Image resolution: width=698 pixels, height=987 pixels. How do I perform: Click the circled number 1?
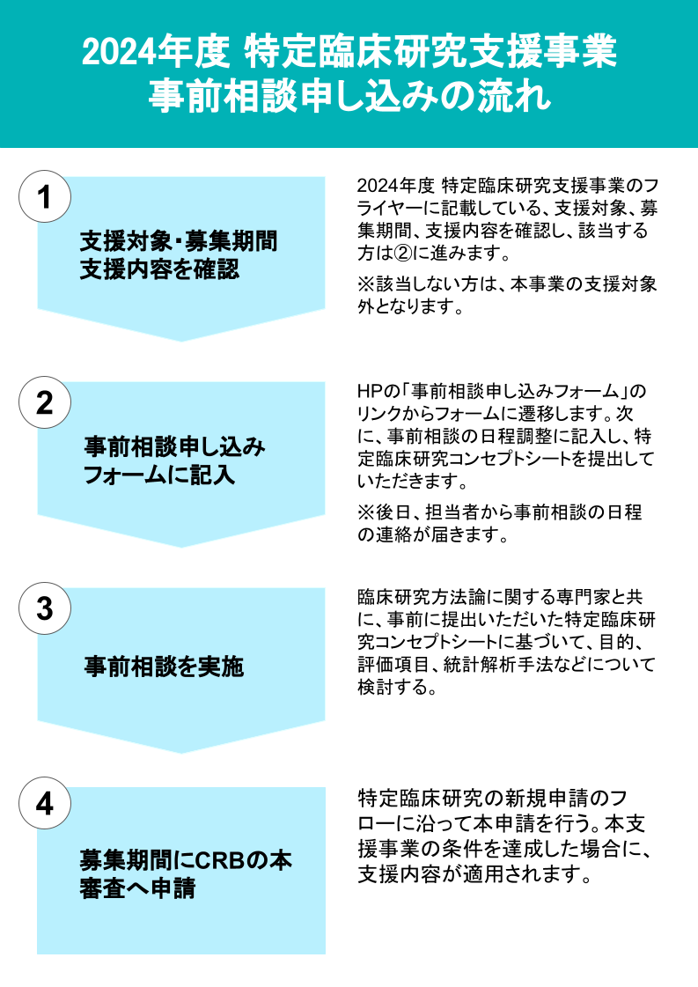click(x=44, y=196)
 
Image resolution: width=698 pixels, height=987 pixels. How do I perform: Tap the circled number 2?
click(x=44, y=402)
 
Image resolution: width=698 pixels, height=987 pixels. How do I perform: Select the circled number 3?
click(x=44, y=608)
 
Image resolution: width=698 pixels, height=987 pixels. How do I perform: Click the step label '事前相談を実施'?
click(x=164, y=667)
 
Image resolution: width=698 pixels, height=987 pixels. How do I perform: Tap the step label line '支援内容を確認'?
click(x=159, y=269)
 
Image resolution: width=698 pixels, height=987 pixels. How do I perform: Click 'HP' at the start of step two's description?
click(x=369, y=391)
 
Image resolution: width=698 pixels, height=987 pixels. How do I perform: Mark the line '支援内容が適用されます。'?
click(x=473, y=873)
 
